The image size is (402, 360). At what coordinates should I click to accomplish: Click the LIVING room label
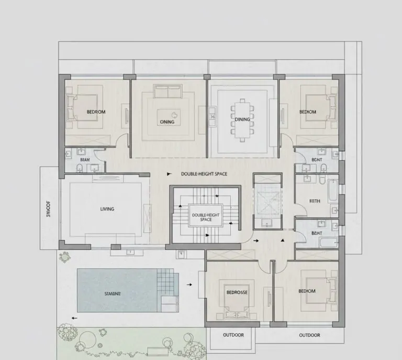(107, 209)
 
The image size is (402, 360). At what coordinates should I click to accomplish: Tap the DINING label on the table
(242, 119)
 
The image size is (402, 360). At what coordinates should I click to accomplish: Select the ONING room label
(167, 122)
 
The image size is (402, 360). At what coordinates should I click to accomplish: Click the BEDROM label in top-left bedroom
(96, 112)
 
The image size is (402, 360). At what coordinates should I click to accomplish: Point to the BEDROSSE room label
(237, 292)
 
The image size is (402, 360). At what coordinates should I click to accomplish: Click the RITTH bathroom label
(315, 201)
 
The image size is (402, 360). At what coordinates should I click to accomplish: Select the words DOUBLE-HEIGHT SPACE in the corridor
(204, 174)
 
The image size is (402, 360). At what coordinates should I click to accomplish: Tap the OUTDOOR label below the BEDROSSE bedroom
(233, 335)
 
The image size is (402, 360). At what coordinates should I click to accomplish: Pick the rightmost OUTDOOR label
(309, 335)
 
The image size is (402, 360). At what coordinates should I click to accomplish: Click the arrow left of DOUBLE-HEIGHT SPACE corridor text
(169, 174)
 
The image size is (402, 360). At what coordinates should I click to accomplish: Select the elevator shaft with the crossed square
(267, 200)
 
